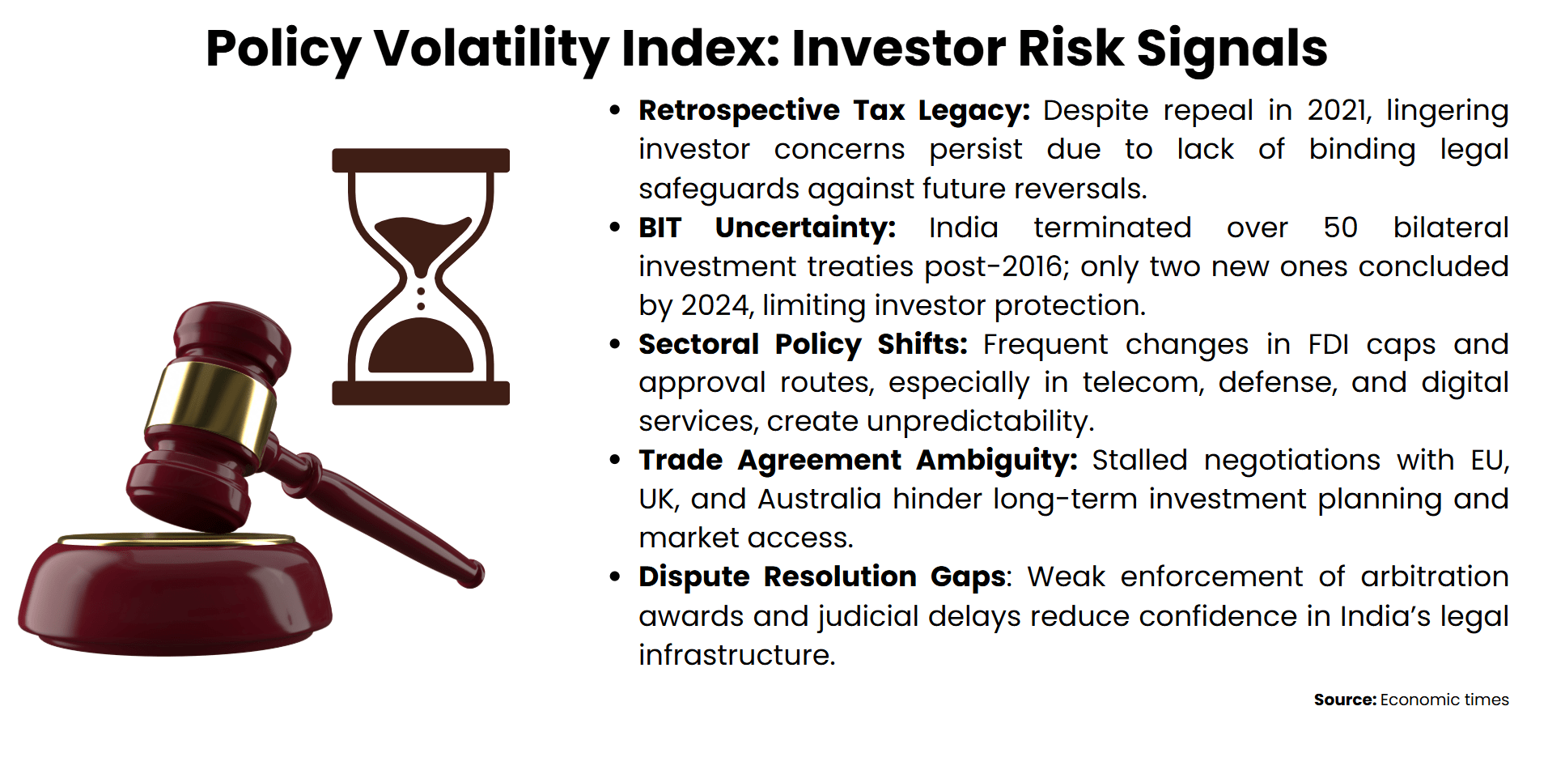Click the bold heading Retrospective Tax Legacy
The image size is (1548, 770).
[x=833, y=110]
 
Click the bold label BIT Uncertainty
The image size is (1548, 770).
[x=766, y=228]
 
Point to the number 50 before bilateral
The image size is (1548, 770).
[x=1340, y=228]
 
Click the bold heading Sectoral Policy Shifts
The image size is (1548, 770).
[x=803, y=344]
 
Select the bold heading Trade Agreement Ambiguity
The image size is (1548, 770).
[x=858, y=460]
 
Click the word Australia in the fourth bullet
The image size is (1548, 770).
[x=819, y=499]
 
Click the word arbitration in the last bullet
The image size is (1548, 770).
[x=1434, y=576]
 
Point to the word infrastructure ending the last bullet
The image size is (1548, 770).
[x=735, y=654]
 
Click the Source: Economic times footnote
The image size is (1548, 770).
[x=1410, y=700]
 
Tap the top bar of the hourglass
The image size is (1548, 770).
[x=421, y=160]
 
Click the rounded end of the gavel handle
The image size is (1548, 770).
[x=471, y=573]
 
